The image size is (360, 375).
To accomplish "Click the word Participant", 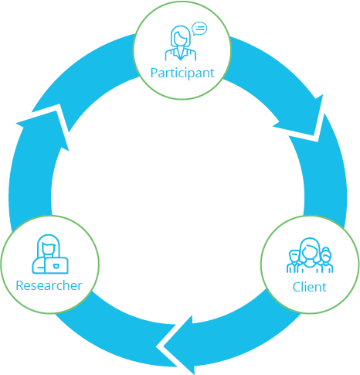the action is click(x=182, y=73).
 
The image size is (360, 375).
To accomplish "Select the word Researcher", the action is click(x=49, y=285).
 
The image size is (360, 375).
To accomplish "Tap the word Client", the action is click(x=310, y=287).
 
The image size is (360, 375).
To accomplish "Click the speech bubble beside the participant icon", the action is click(x=199, y=29).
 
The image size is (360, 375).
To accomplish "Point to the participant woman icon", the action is click(x=181, y=43).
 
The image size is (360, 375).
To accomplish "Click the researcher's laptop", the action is click(x=56, y=265).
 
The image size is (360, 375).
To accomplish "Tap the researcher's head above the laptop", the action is click(x=49, y=249).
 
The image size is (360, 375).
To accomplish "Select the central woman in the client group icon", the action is click(x=310, y=255).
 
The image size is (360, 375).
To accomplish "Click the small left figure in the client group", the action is click(x=294, y=261).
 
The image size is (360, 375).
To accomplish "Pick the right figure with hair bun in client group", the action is click(x=326, y=261).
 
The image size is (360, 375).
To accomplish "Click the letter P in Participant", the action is click(x=154, y=73).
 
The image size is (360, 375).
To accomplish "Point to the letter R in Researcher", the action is click(x=19, y=285).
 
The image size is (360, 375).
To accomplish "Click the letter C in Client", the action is click(x=296, y=287).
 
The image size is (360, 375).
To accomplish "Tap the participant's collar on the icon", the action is click(x=181, y=53).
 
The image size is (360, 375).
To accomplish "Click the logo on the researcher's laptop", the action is click(x=56, y=265).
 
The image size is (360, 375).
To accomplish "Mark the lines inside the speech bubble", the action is click(x=200, y=28).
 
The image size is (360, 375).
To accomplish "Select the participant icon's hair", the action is click(x=181, y=33).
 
